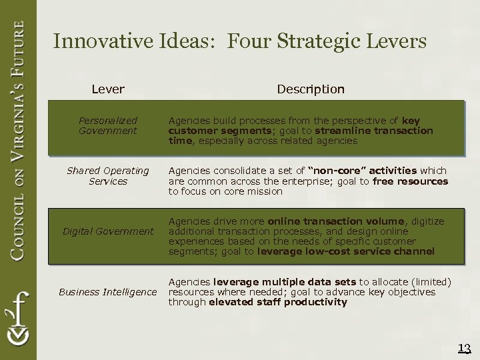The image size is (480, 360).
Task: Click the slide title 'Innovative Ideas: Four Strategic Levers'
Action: tap(239, 42)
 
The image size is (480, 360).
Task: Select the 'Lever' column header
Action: tap(108, 89)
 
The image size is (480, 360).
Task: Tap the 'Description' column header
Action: tap(311, 89)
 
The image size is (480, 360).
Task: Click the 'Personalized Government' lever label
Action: tap(108, 125)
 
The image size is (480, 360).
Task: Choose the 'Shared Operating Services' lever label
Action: tap(108, 176)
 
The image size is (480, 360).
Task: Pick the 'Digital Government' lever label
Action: tap(108, 231)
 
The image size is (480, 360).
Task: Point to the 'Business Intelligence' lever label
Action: tap(108, 292)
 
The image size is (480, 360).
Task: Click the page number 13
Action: tap(465, 347)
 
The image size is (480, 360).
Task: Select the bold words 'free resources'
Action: tap(410, 181)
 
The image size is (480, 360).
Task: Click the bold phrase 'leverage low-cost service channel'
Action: tap(346, 251)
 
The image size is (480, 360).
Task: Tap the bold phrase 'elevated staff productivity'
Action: tap(277, 302)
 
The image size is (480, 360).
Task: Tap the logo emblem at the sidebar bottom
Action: tap(18, 320)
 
